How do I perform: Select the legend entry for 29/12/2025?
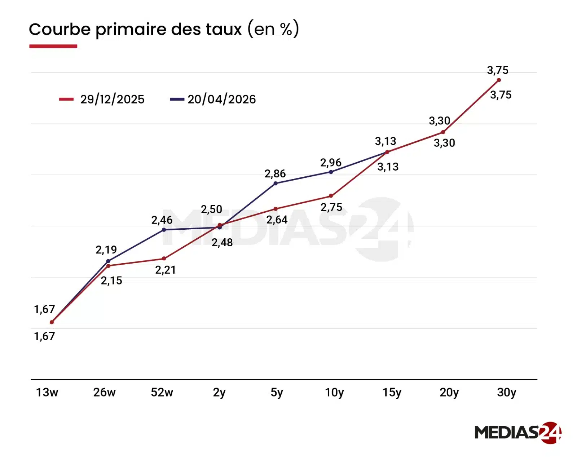[x=102, y=99]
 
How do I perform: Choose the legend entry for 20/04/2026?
[x=213, y=99]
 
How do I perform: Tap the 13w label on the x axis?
[x=47, y=392]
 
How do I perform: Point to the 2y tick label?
[x=219, y=392]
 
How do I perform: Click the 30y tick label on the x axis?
[x=506, y=392]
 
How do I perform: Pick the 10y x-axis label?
[x=334, y=392]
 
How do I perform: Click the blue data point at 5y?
[x=276, y=183]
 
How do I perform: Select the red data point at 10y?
[x=331, y=196]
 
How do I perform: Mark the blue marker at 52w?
[x=164, y=230]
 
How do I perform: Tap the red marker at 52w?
[x=164, y=259]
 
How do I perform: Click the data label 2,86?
[x=275, y=174]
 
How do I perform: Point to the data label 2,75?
[x=331, y=207]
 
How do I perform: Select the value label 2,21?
[x=165, y=270]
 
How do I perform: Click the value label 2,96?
[x=330, y=163]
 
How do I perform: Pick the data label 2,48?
[x=222, y=243]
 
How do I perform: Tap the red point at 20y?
[x=443, y=132]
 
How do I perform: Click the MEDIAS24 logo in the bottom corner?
[x=517, y=432]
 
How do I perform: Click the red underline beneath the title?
[x=53, y=46]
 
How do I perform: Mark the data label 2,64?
[x=277, y=220]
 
